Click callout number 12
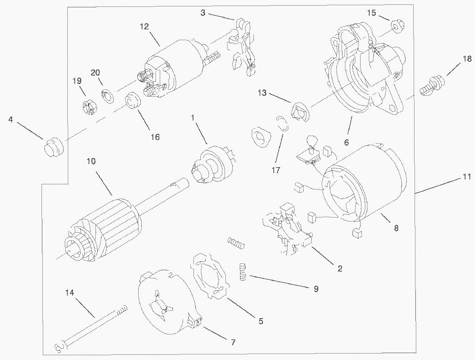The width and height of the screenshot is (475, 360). (144, 27)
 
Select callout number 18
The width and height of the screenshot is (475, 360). (467, 59)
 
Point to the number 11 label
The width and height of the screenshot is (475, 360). (466, 177)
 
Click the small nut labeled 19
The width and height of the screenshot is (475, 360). (88, 106)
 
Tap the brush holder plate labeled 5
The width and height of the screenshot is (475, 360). (209, 275)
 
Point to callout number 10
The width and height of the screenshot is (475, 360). (91, 161)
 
